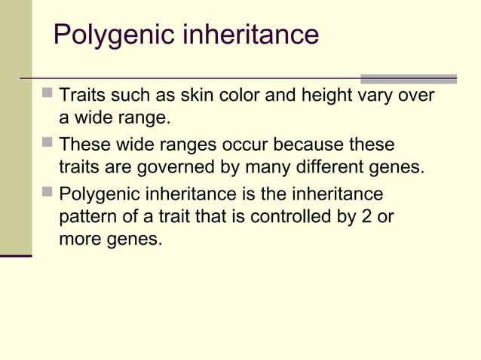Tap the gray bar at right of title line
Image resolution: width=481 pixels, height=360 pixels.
click(408, 78)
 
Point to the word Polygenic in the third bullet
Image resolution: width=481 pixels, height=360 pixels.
click(97, 194)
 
